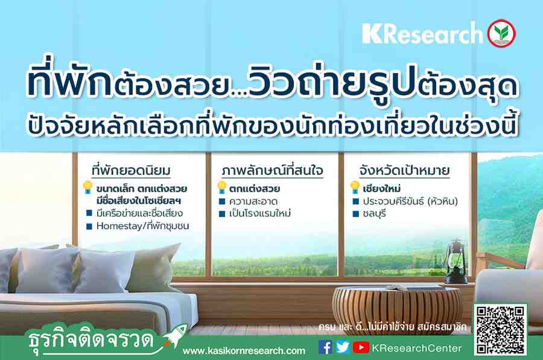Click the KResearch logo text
pos(422,34)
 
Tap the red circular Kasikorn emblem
pos(501,33)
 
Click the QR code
pos(500,330)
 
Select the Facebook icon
pos(325,347)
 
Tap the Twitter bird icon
pos(343,347)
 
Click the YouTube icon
pos(361,347)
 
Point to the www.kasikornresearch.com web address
pos(244,351)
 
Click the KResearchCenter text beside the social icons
pos(416,348)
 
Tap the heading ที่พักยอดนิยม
pos(131,170)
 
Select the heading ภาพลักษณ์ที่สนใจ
pos(272,170)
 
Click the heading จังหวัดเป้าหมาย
pos(404,170)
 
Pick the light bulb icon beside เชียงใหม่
pos(355,188)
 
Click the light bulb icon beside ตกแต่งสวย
pos(221,188)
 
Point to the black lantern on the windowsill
pos(455,261)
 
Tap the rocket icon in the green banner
pos(176,335)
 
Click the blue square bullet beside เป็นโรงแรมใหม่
pos(222,214)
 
